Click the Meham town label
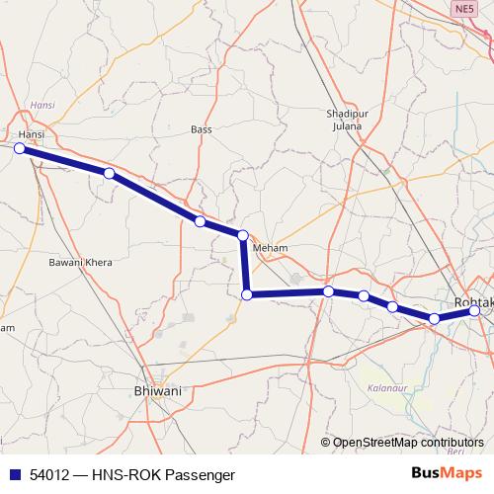click(269, 248)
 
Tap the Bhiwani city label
click(157, 391)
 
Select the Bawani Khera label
click(81, 264)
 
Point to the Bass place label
click(202, 129)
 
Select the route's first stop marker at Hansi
click(19, 148)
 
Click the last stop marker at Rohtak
click(475, 311)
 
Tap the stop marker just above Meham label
click(242, 234)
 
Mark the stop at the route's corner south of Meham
click(248, 294)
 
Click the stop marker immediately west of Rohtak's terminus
click(434, 318)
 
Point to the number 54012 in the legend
click(51, 475)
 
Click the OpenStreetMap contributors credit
click(408, 443)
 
